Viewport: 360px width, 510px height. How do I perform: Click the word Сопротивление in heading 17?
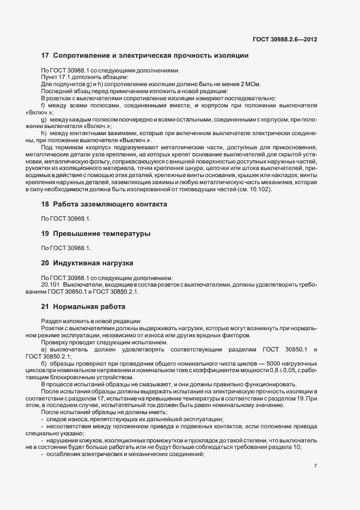pyautogui.click(x=81, y=56)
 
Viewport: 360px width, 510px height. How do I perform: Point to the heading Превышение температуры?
pyautogui.click(x=101, y=233)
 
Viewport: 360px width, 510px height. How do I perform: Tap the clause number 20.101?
pyautogui.click(x=51, y=284)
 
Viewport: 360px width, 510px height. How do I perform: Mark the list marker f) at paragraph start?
pyautogui.click(x=44, y=105)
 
